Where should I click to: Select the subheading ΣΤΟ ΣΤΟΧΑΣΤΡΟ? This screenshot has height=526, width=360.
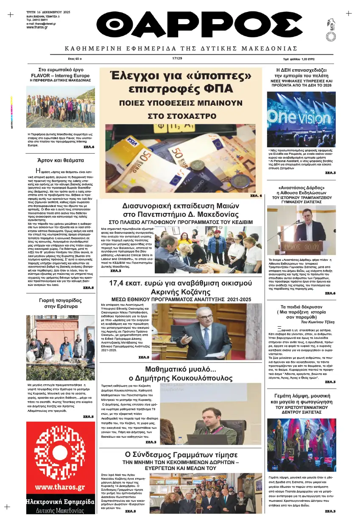coord(180,116)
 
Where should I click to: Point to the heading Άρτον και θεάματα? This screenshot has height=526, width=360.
coord(60,160)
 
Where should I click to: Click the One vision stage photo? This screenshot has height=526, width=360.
coord(301,119)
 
